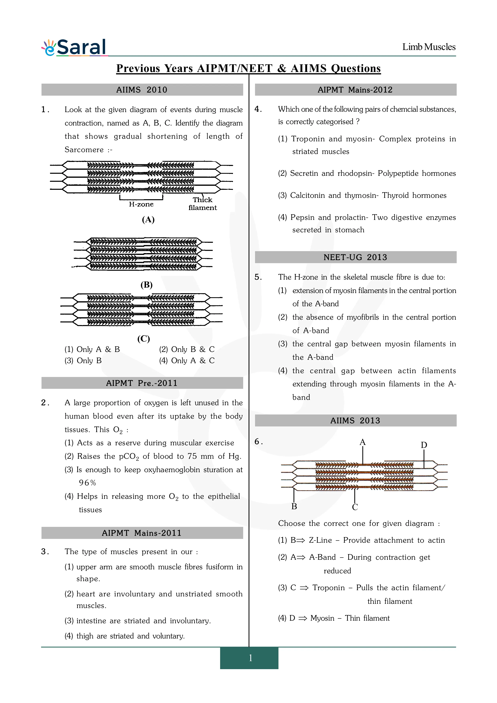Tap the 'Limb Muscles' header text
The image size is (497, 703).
(x=428, y=47)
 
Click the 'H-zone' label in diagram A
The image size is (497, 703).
(x=141, y=204)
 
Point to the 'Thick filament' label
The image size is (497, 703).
(x=202, y=204)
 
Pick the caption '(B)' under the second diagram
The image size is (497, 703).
(x=146, y=285)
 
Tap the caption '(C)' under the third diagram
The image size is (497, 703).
(x=143, y=339)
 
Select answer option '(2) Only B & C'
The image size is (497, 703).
(x=187, y=349)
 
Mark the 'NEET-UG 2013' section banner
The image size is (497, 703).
(x=355, y=257)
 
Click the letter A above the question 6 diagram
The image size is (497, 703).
(x=362, y=442)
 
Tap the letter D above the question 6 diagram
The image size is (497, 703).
(x=424, y=445)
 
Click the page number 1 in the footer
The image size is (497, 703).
(x=250, y=658)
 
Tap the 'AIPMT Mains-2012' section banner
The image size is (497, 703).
(x=355, y=90)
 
